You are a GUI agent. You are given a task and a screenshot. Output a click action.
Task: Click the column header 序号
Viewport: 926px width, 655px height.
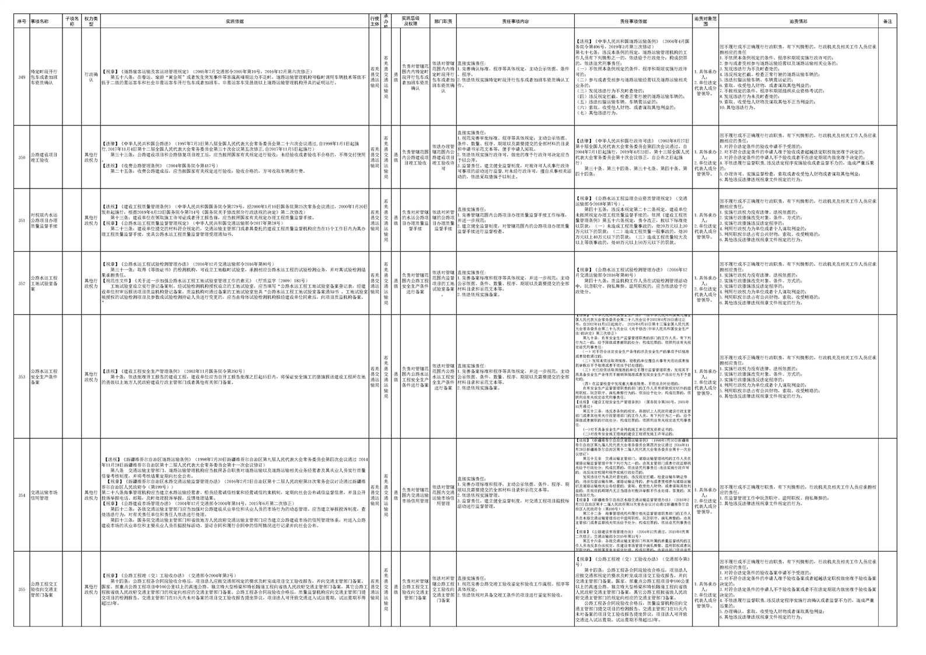coord(22,22)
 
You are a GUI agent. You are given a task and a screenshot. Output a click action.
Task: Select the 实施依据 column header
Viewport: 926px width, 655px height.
coord(235,22)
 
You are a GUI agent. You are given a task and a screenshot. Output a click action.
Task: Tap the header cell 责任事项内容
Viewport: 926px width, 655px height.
coord(515,22)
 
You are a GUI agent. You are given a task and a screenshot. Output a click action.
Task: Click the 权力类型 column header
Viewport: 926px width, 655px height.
coord(90,22)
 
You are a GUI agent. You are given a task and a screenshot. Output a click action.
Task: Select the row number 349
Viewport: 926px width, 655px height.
coord(22,77)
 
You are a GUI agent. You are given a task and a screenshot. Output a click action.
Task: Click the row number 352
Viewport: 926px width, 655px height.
coord(22,284)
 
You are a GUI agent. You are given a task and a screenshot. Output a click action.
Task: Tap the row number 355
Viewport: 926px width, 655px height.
coord(22,589)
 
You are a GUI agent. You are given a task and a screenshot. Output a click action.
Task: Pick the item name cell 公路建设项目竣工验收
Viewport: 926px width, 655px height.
coord(46,158)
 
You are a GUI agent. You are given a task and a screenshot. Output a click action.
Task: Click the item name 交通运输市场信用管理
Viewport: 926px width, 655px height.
coord(46,495)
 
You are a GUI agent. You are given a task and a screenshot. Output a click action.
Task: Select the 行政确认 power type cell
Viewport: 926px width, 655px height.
coord(90,77)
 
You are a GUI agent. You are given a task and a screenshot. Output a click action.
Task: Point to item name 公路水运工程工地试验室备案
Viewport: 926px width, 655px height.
coord(46,284)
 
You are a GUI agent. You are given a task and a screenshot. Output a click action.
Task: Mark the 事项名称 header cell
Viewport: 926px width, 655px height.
coord(46,22)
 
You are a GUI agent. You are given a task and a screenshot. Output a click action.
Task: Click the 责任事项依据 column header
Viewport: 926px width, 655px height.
coord(633,22)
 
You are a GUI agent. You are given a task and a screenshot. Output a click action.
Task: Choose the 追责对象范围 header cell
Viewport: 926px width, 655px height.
coord(705,22)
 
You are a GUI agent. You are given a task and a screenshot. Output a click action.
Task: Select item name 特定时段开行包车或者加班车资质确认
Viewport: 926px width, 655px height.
coord(46,77)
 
